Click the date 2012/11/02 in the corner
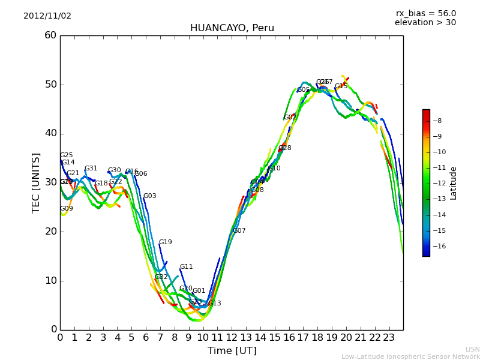tap(47, 16)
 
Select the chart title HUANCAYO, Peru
tap(232, 28)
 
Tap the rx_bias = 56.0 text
tap(425, 13)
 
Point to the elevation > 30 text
tap(425, 23)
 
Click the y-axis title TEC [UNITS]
tap(36, 182)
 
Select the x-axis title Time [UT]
tap(232, 350)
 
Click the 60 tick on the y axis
tap(50, 35)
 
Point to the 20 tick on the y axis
tap(50, 232)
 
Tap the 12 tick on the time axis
tap(232, 337)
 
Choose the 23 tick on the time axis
tap(389, 337)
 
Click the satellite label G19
tap(165, 242)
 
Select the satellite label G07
tap(239, 231)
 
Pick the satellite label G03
tap(149, 196)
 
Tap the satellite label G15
tap(341, 86)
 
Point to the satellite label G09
tap(66, 209)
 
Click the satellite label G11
tap(186, 267)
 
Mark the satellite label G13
tap(214, 304)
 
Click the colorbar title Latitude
tap(454, 183)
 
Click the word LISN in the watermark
tap(472, 349)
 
